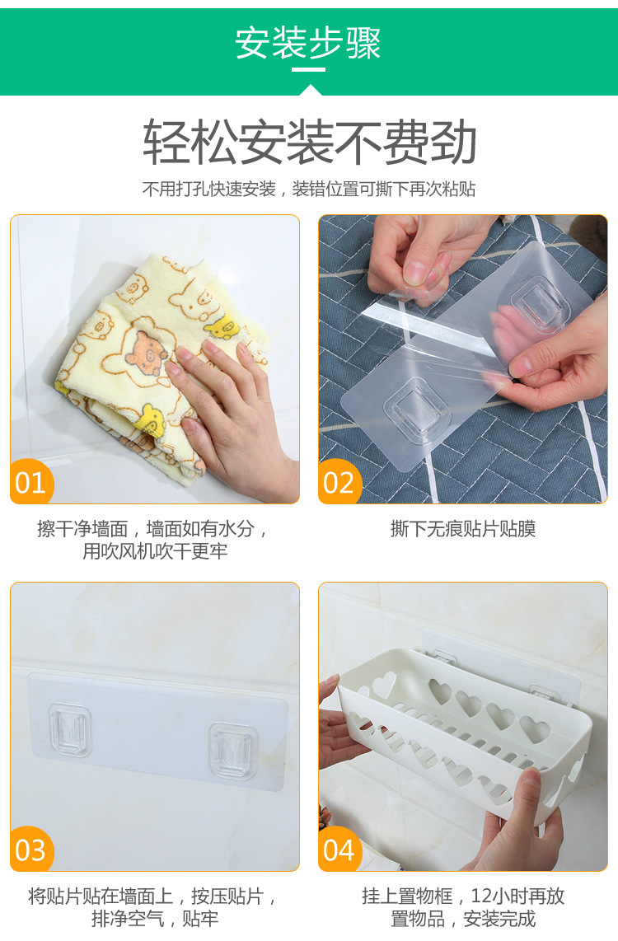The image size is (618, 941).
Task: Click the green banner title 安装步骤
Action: [308, 43]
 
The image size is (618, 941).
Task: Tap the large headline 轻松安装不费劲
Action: [309, 143]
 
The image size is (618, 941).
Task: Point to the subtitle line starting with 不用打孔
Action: [309, 189]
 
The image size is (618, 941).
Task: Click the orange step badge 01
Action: [31, 482]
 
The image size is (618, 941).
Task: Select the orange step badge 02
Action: [339, 482]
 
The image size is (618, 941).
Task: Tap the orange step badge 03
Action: [31, 850]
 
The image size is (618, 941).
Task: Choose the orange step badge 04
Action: [339, 850]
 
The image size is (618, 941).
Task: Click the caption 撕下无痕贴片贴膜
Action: [462, 529]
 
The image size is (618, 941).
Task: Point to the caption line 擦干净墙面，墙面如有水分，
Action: [154, 528]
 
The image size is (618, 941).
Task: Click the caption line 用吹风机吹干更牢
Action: [154, 551]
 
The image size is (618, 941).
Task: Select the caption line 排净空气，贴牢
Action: [154, 919]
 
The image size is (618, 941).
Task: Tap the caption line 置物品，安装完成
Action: [462, 919]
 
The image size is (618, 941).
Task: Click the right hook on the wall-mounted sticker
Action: [233, 747]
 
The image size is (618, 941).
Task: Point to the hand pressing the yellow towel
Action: [231, 404]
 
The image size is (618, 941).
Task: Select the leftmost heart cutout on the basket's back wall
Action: [383, 686]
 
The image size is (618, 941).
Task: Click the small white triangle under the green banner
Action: [309, 90]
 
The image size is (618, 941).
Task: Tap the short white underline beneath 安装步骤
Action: [308, 70]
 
